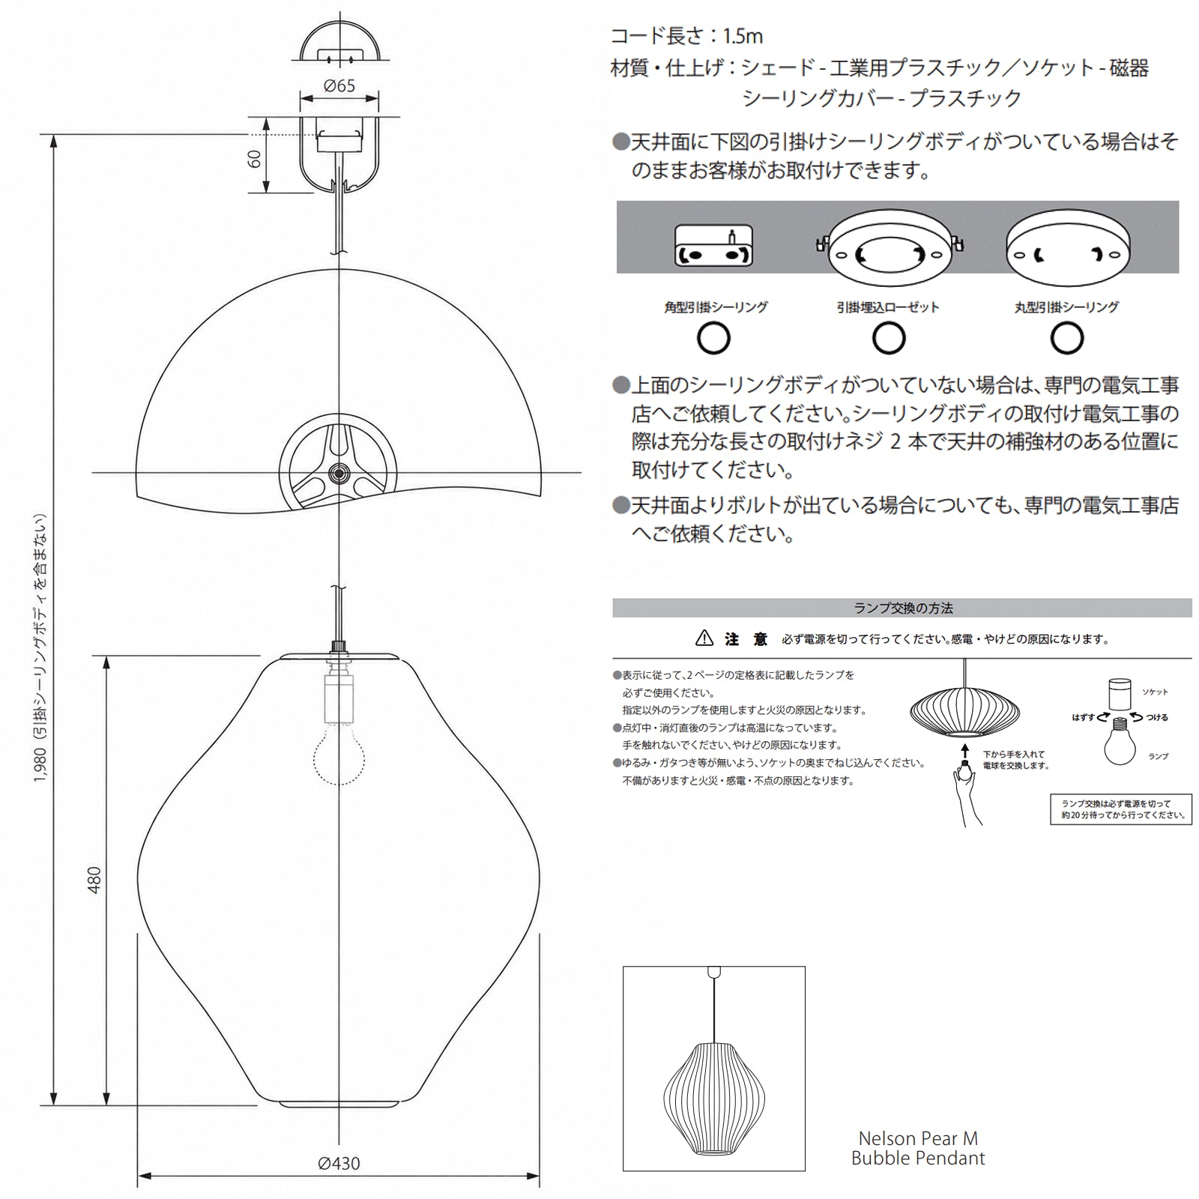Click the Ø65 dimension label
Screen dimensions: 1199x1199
(x=339, y=86)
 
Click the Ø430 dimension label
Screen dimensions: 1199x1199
(x=339, y=1164)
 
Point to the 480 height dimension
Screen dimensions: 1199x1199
(x=94, y=880)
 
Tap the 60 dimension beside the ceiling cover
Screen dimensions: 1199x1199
(x=255, y=158)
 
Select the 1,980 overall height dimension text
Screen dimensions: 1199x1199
(x=40, y=649)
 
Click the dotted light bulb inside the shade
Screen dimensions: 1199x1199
(x=339, y=752)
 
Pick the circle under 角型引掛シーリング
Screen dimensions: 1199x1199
(x=713, y=338)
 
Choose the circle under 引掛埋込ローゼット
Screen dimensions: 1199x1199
(x=889, y=338)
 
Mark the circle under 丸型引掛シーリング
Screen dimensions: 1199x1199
(x=1066, y=338)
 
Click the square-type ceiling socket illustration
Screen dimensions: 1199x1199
(x=713, y=245)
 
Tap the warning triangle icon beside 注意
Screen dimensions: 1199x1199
(x=704, y=638)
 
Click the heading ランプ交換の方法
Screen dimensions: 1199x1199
(x=903, y=608)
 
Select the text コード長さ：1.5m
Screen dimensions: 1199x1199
(x=686, y=35)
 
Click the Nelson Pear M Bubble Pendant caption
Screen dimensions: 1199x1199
(x=918, y=1148)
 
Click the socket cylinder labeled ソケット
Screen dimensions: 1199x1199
(x=1120, y=693)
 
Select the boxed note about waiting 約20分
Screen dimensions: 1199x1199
(x=1121, y=809)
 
